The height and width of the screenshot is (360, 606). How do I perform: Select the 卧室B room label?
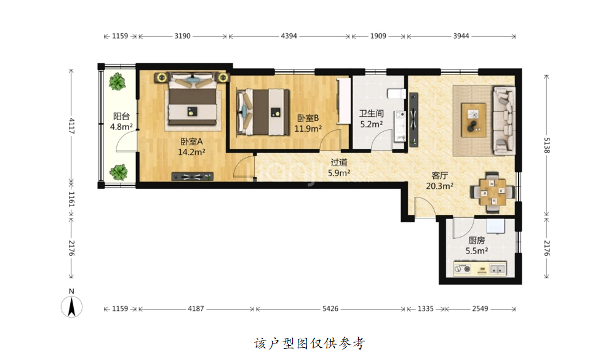(308, 118)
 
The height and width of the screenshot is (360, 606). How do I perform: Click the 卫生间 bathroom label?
(372, 114)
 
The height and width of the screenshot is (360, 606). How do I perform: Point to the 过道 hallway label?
(339, 163)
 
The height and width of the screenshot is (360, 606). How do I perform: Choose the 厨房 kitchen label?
(477, 241)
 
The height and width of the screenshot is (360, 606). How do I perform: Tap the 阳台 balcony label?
(121, 116)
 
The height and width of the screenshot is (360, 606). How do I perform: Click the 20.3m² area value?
(440, 186)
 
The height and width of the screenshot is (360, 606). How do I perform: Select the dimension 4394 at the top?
(289, 36)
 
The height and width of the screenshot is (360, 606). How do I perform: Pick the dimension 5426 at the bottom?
(330, 308)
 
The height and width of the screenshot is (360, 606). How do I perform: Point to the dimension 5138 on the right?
(547, 145)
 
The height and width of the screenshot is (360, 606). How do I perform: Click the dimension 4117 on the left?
(72, 126)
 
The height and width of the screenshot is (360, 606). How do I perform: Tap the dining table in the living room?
(492, 192)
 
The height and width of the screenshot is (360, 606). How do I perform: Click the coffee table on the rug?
(474, 120)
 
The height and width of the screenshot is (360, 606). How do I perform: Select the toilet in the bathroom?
(397, 94)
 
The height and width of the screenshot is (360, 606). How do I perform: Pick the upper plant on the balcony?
(117, 82)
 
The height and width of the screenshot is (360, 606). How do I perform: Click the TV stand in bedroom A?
(193, 177)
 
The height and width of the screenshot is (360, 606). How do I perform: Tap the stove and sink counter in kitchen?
(480, 269)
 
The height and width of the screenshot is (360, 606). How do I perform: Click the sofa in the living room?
(504, 120)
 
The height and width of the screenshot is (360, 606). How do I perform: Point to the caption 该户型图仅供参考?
(309, 343)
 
